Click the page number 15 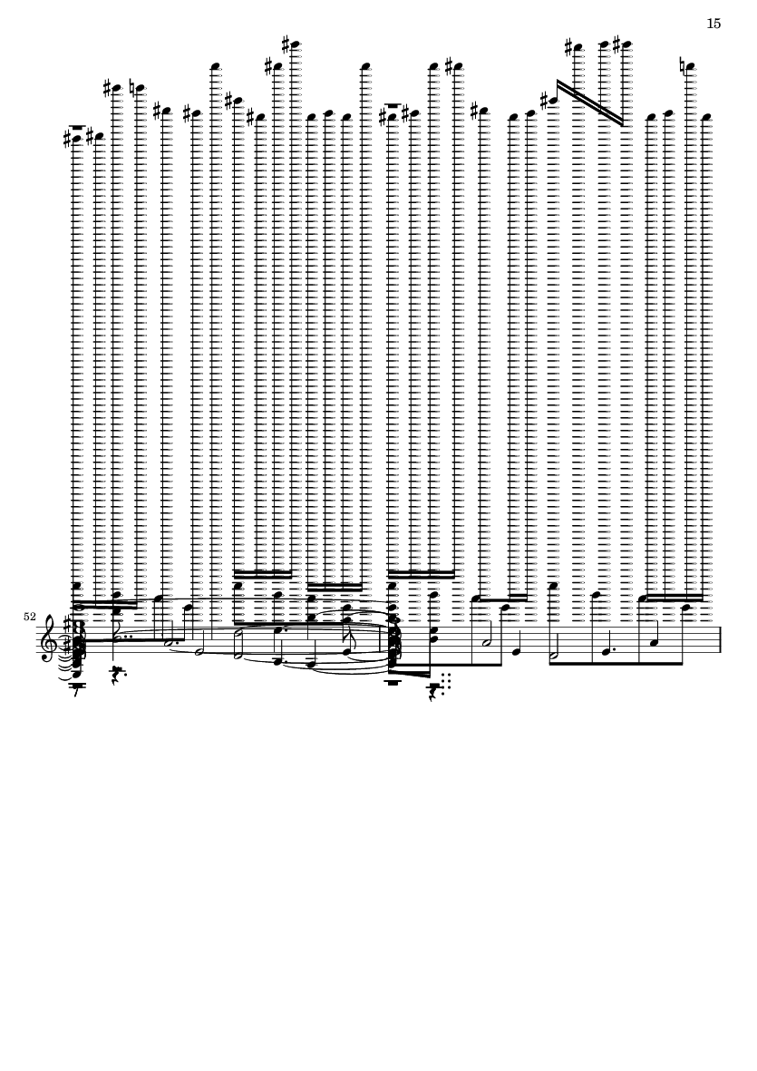[x=713, y=24]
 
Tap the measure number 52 [x=29, y=617]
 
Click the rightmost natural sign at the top [x=684, y=66]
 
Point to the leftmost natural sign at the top [x=133, y=88]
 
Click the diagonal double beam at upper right [x=590, y=102]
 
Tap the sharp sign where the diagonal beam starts [x=545, y=101]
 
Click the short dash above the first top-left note [x=77, y=127]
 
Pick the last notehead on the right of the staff [x=706, y=117]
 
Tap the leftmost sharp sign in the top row [x=67, y=139]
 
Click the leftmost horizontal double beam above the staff [x=106, y=604]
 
